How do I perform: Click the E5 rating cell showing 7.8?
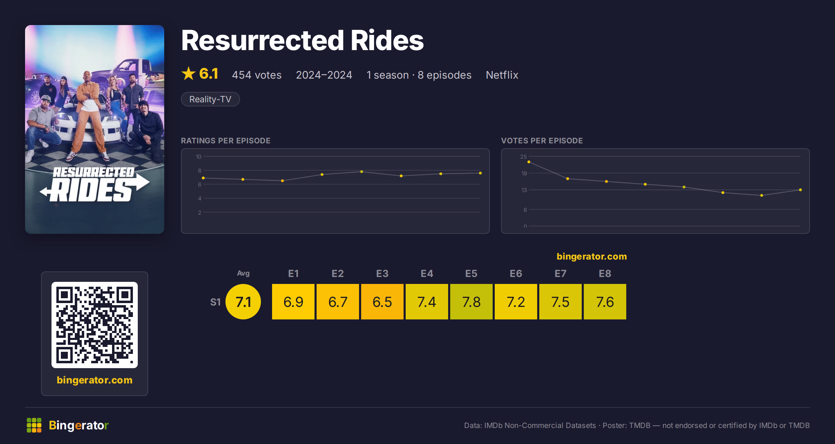(471, 302)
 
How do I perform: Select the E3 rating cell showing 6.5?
(382, 302)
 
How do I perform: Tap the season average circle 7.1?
(243, 302)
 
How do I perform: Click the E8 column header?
(605, 273)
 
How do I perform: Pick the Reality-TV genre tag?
(210, 99)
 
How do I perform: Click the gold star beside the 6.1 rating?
(189, 73)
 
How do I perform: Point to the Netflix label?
(502, 75)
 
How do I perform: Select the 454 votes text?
(257, 75)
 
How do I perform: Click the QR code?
(95, 325)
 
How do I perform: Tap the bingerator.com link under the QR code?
(95, 380)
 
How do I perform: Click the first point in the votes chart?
(529, 162)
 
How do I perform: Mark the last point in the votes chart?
(801, 190)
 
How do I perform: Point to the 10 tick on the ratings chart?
(199, 157)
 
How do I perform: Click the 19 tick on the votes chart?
(524, 173)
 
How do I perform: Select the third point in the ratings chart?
(283, 181)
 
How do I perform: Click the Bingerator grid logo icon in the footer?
(34, 425)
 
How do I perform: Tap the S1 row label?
(215, 302)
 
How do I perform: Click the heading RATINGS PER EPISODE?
(226, 141)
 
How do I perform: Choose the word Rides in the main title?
(387, 40)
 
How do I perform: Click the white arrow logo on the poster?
(95, 187)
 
